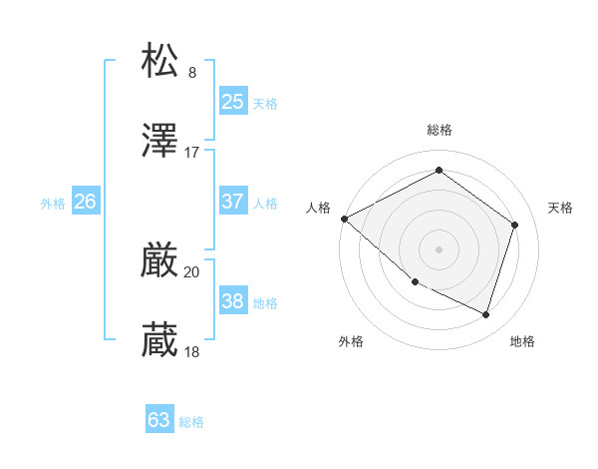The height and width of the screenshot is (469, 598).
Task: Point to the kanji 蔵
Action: (x=160, y=340)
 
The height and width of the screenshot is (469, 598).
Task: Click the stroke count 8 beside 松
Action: (x=192, y=72)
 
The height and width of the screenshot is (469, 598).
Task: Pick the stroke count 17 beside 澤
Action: (x=192, y=153)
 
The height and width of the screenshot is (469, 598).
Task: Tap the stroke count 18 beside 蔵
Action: (x=192, y=352)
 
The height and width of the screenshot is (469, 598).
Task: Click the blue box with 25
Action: (x=232, y=101)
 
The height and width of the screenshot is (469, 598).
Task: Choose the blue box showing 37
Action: (x=232, y=201)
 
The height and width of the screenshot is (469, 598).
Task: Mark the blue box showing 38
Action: (x=232, y=300)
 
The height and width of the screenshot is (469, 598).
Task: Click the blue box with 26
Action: (x=85, y=201)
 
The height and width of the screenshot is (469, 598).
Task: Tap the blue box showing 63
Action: (x=159, y=420)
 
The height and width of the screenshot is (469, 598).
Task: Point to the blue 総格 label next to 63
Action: (x=192, y=422)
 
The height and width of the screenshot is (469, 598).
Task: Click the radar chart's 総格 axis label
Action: (x=440, y=130)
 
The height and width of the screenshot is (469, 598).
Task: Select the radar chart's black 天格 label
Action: (x=560, y=208)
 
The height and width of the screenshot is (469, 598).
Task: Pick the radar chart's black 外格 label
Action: (x=351, y=341)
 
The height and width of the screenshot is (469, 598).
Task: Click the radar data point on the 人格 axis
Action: (x=344, y=219)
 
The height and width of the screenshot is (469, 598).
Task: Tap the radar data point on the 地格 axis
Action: (x=486, y=315)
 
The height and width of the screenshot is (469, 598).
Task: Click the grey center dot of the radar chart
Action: (x=440, y=248)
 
